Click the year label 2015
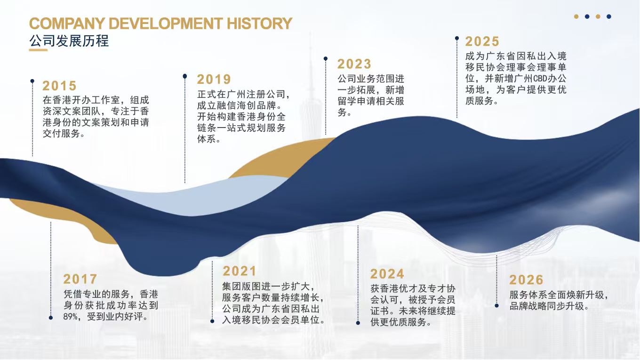coord(59,86)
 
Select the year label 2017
coord(80,279)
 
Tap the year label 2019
coord(214,80)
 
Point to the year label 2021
coord(240,271)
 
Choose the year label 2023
coord(354,64)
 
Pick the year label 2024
coord(387,274)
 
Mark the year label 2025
coord(482,41)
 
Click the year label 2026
coord(526,280)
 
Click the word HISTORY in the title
coord(259,24)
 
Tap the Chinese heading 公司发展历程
coord(69,40)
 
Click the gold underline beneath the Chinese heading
coord(38,50)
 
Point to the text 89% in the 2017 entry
coord(70,317)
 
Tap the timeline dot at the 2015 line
coord(32,81)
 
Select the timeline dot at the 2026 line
coord(496,306)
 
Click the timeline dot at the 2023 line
coord(326,58)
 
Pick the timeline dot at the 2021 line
coord(212,321)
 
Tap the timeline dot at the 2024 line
coord(358,323)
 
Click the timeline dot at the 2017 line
coord(51,318)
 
